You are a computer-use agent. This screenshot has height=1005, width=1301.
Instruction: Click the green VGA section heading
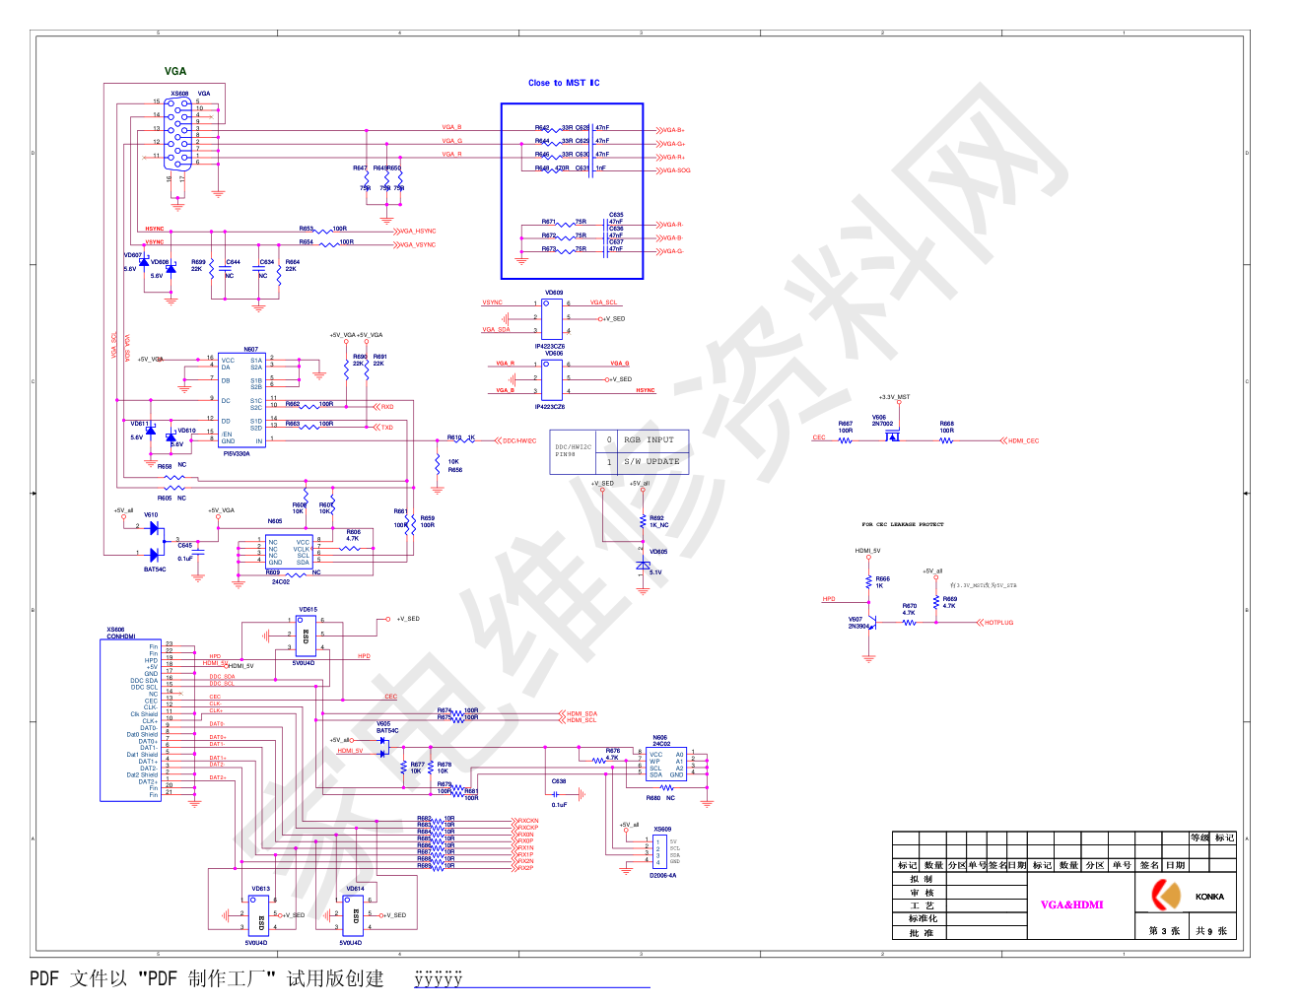(175, 71)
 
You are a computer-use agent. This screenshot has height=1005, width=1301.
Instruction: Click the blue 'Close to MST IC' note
(564, 83)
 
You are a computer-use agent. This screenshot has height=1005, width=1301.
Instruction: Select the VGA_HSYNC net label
(418, 232)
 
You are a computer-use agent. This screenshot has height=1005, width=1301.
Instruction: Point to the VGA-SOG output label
(676, 170)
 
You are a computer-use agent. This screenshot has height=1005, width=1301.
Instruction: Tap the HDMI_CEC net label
(1023, 441)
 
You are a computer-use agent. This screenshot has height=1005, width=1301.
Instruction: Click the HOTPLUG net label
(998, 623)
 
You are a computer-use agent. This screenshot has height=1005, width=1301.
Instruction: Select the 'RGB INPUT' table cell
(649, 440)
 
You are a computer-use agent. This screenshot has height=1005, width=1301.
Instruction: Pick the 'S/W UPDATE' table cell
(651, 461)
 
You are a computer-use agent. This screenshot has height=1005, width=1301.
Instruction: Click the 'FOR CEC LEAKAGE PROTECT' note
(902, 524)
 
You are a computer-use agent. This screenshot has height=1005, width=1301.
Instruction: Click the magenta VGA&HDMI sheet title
(1071, 904)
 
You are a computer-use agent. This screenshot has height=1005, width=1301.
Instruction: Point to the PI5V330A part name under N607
(237, 454)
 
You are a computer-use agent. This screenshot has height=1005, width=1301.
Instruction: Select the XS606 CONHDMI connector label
(120, 633)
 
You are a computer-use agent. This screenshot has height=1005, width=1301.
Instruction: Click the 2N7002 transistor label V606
(881, 420)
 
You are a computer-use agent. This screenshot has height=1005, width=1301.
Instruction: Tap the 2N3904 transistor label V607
(857, 623)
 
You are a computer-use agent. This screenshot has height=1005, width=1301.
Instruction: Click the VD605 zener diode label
(658, 552)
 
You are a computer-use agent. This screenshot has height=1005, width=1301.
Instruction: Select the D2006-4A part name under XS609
(662, 875)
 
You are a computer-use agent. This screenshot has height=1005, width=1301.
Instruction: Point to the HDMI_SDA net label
(582, 713)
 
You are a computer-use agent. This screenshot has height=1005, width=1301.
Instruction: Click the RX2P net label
(525, 868)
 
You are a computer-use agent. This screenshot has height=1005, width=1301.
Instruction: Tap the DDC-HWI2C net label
(519, 441)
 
